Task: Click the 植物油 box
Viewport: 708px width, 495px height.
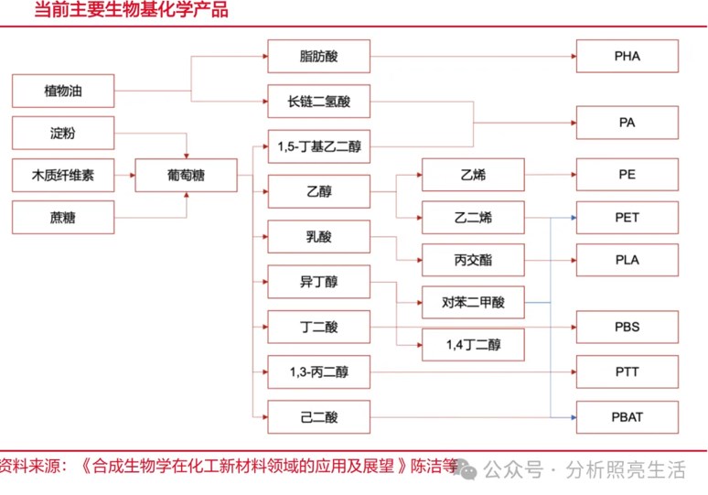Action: (63, 91)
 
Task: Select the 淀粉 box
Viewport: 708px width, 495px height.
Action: (63, 133)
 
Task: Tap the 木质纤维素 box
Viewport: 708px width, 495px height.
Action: (63, 175)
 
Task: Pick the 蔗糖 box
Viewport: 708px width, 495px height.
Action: (63, 218)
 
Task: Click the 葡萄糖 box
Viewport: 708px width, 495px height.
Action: (186, 175)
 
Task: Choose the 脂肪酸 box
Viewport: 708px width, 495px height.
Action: (318, 56)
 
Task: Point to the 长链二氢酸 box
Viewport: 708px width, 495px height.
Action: (318, 102)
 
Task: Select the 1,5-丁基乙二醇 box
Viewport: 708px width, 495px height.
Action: (318, 146)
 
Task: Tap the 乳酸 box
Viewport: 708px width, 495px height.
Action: (318, 237)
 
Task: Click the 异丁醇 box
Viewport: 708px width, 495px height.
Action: (318, 282)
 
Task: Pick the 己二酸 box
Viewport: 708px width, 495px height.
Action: (318, 417)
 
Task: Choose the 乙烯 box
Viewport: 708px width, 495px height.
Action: (473, 174)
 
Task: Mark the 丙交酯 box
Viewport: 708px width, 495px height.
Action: (473, 260)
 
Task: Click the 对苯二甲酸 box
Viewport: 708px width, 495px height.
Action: (473, 302)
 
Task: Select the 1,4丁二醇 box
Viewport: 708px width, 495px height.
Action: (473, 345)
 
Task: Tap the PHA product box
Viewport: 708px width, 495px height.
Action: (627, 56)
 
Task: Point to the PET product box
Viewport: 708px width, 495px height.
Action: (627, 218)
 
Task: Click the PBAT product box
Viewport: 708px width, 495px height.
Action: (627, 417)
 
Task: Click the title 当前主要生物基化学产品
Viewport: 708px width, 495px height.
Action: (131, 11)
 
